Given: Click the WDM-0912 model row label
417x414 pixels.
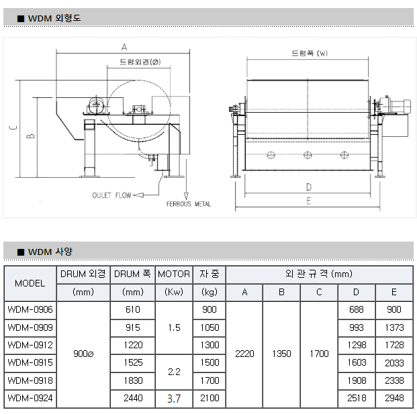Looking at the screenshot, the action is tap(30, 345).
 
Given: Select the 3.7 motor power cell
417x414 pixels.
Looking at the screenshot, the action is tap(174, 399).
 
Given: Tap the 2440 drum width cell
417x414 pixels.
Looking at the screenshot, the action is tap(133, 399).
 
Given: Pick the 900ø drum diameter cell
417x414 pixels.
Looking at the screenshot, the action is tap(83, 354).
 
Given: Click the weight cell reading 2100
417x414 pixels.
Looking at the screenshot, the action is tap(210, 399).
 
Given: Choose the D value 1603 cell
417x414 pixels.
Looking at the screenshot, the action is tap(357, 363).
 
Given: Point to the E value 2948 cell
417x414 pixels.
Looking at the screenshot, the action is tap(394, 399).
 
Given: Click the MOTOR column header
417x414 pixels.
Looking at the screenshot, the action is tap(174, 274).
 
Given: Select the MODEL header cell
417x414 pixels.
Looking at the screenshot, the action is tap(30, 283).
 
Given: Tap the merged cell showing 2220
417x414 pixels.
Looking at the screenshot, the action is tap(244, 354).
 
